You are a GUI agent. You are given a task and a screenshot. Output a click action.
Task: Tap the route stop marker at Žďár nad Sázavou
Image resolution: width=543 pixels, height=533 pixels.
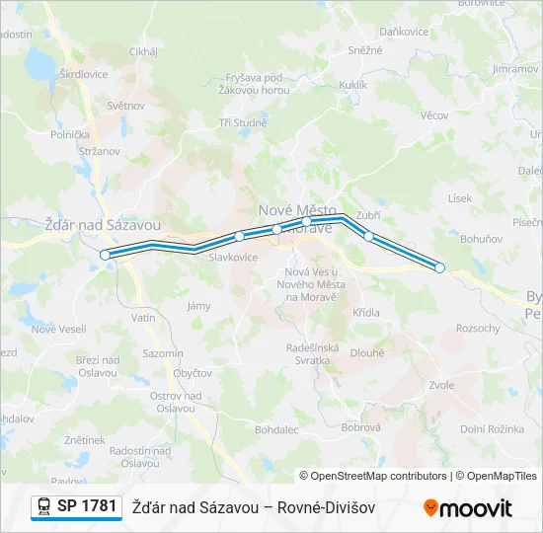[x=106, y=255]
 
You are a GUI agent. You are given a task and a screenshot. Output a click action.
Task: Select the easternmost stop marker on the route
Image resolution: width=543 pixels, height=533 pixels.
[x=440, y=267]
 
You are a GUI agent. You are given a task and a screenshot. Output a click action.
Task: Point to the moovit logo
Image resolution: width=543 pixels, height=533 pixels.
[x=468, y=507]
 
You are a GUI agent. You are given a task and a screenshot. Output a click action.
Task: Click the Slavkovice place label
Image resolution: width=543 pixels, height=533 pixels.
[x=233, y=257]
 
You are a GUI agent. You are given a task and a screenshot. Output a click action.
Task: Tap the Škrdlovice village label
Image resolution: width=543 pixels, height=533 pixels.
[x=84, y=74]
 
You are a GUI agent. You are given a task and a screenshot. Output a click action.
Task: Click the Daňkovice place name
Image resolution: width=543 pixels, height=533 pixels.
[x=404, y=32]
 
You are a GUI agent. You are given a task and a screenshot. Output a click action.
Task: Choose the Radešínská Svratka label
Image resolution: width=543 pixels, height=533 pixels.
[x=313, y=353]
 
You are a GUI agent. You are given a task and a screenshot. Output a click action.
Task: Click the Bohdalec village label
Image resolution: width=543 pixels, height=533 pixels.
[x=276, y=430]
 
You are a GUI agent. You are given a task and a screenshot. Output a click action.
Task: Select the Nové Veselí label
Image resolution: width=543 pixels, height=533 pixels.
[x=58, y=329]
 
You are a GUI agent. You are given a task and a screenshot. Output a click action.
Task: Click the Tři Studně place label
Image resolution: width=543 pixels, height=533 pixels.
[x=243, y=122]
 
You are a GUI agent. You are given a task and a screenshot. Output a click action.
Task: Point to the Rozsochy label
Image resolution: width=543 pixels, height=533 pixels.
[x=478, y=328]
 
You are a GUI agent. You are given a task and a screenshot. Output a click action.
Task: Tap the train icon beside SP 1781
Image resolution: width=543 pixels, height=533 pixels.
[x=44, y=506]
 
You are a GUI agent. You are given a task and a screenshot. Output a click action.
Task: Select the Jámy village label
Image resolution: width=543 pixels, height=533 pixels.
[x=198, y=306]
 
